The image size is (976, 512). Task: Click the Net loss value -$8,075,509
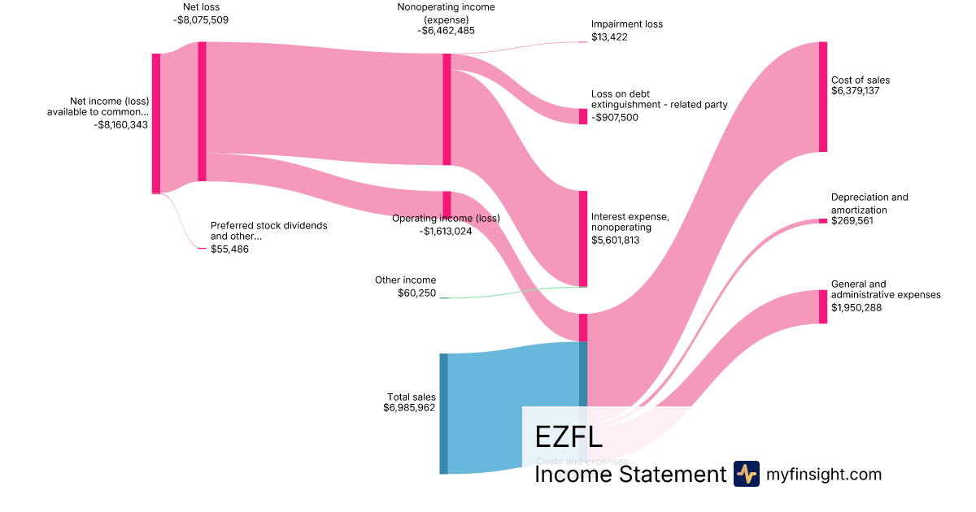pos(201,20)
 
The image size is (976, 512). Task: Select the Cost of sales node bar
pos(823,97)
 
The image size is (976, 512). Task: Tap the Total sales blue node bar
pos(443,413)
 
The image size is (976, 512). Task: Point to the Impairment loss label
pos(626,24)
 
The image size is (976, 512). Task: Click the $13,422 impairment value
pos(609,37)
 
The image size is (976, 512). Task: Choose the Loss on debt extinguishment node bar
pos(582,116)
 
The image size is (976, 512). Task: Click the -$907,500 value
pos(615,117)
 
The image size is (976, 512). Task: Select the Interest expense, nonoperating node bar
pos(582,238)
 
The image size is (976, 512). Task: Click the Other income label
pos(405,280)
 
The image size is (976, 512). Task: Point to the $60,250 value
pos(416,293)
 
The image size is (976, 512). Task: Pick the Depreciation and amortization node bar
pos(823,221)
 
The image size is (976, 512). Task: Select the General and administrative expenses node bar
pos(823,306)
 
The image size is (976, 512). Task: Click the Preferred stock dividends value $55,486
pos(229,249)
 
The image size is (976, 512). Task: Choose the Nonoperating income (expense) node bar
pos(447,109)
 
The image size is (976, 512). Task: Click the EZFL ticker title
pos(569,437)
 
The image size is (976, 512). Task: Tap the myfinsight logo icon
pos(746,474)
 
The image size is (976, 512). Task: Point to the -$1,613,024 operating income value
pos(446,231)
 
